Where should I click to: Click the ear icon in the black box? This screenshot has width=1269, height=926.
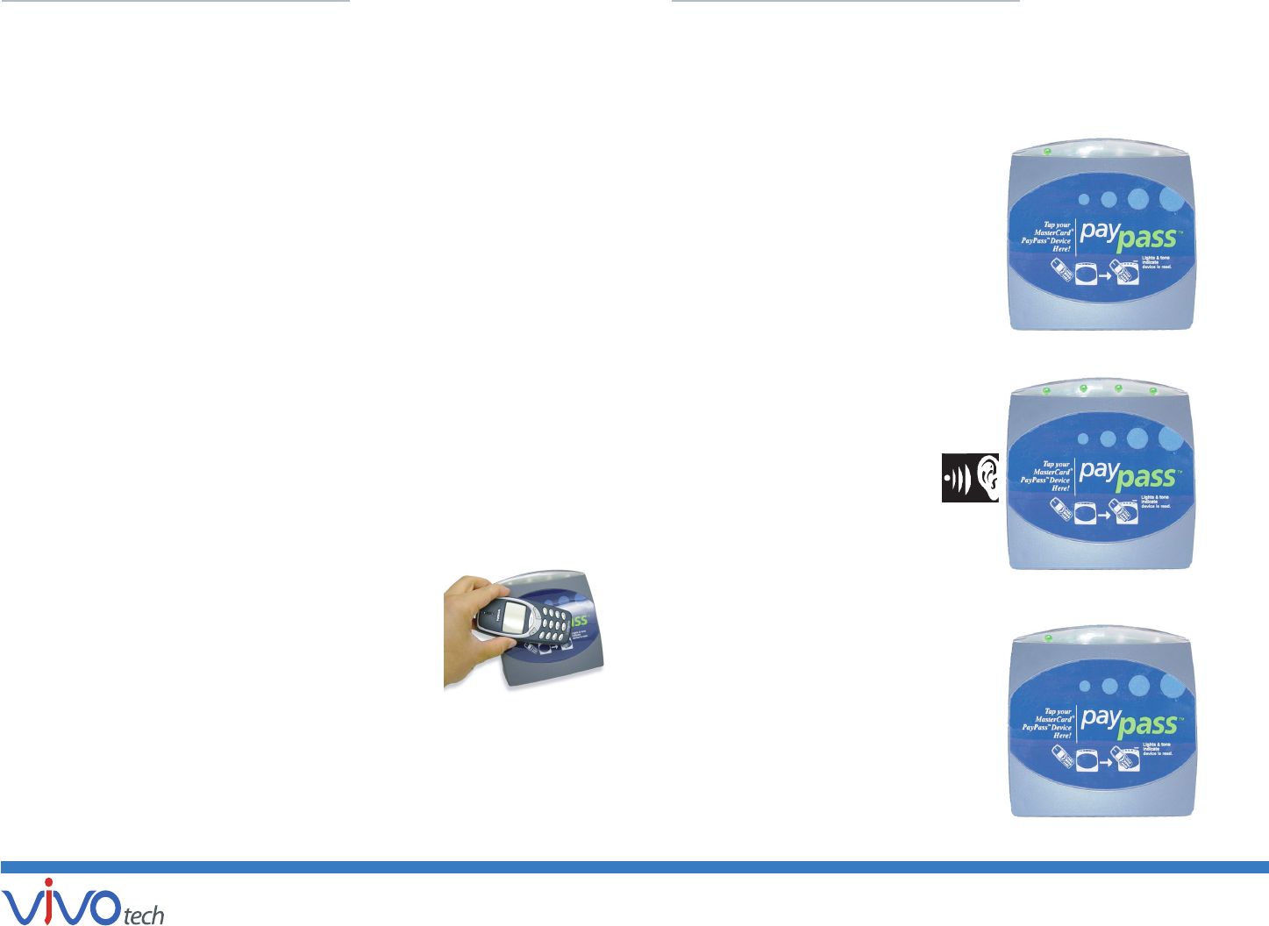(986, 478)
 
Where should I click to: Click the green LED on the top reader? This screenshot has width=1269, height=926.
(1047, 152)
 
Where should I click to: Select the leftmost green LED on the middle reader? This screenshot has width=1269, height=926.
(1046, 391)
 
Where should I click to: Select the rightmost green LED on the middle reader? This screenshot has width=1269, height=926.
(1153, 390)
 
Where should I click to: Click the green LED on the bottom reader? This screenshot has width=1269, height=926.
(1048, 638)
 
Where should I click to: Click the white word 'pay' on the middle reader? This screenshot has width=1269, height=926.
(1098, 471)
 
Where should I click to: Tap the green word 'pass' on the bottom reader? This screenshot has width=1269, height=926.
(1147, 724)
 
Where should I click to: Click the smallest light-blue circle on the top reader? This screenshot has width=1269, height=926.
(1084, 200)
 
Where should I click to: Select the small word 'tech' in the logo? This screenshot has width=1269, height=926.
(144, 915)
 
